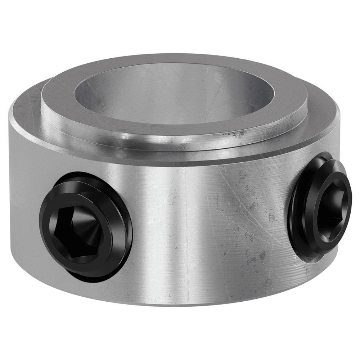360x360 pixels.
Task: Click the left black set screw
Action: coord(85,225)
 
